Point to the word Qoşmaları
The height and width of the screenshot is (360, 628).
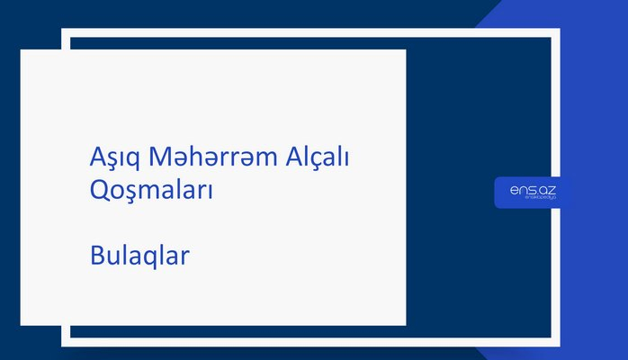click(151, 191)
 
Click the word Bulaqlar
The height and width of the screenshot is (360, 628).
click(139, 256)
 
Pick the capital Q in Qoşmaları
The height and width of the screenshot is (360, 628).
click(100, 191)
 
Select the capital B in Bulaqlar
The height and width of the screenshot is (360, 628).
click(97, 256)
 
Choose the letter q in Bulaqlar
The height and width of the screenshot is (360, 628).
click(154, 258)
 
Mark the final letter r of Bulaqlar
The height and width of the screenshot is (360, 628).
click(184, 257)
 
